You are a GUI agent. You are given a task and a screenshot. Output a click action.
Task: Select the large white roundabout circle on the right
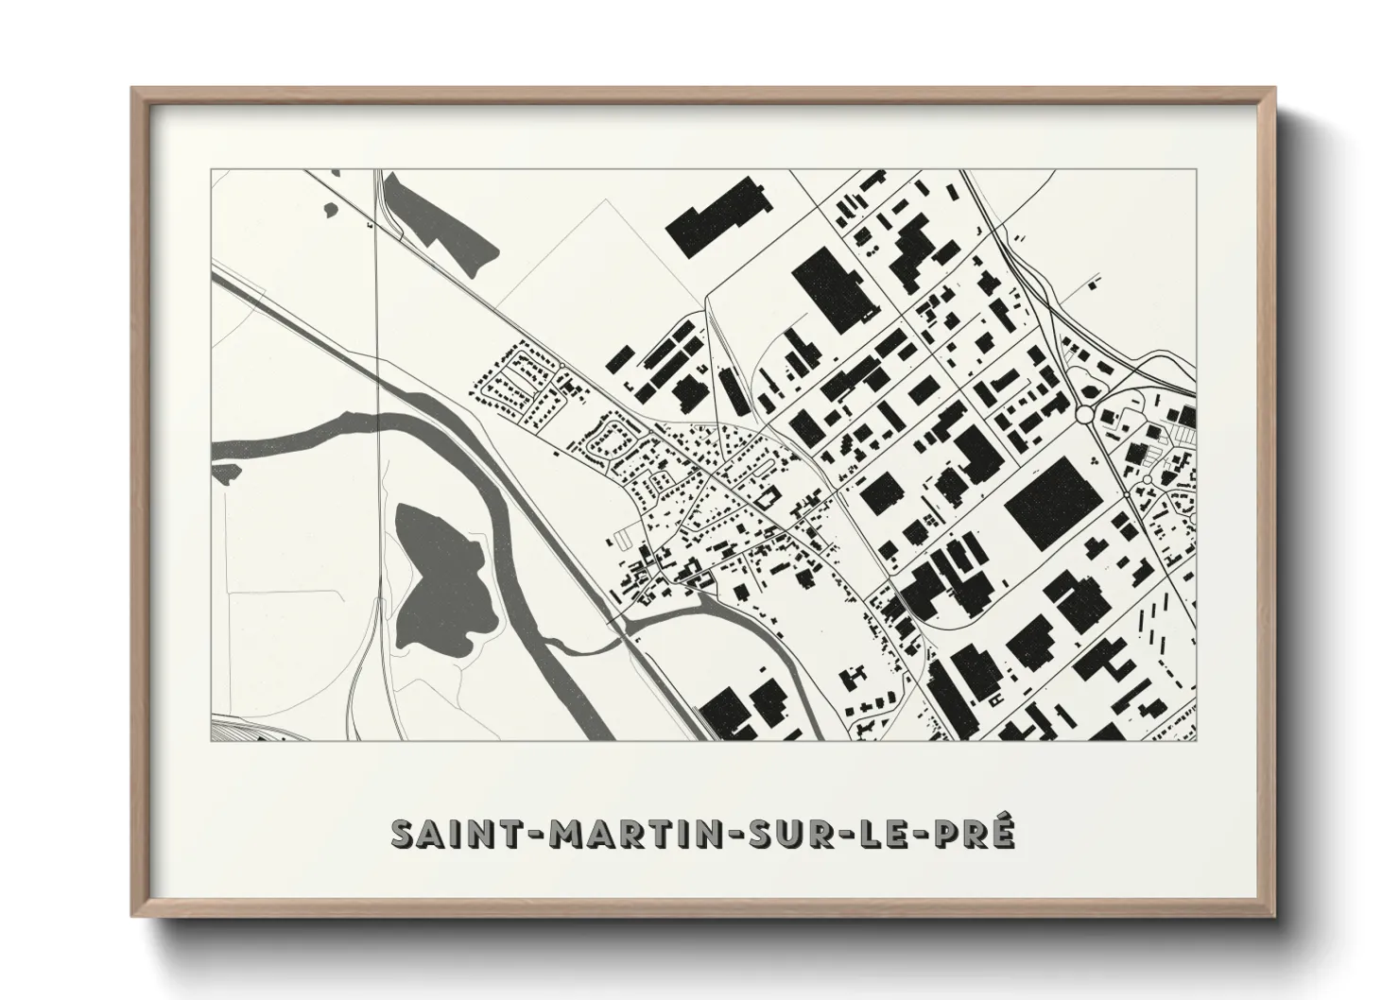click(x=1084, y=414)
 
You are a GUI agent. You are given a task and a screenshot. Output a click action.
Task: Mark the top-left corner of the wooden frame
click(x=133, y=90)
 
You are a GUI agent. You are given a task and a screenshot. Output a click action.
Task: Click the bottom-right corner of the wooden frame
click(x=1276, y=913)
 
